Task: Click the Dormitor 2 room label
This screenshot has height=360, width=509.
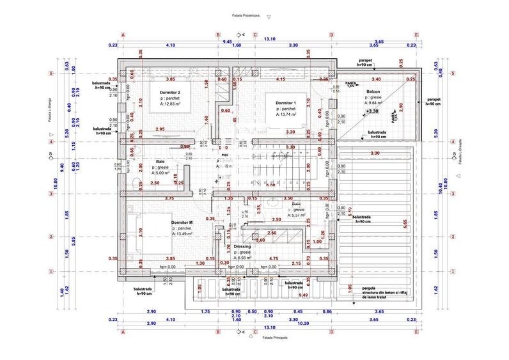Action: [170, 93]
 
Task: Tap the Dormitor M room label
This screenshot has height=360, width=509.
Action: [182, 223]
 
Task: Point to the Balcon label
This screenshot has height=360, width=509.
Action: [373, 91]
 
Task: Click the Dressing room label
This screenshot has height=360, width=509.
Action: [242, 246]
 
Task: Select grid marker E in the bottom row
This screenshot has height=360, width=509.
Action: [416, 333]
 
